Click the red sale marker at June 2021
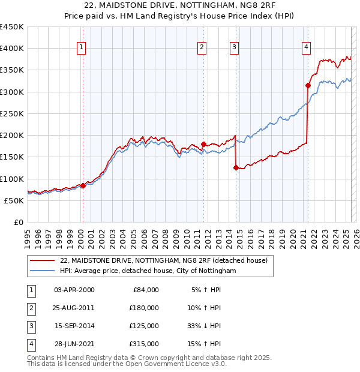308,85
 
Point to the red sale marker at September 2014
236,168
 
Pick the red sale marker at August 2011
203,144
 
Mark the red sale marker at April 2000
83,186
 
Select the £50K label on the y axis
14,200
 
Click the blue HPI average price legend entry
148,271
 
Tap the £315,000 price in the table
145,344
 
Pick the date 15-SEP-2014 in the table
74,326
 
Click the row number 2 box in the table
29,308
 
